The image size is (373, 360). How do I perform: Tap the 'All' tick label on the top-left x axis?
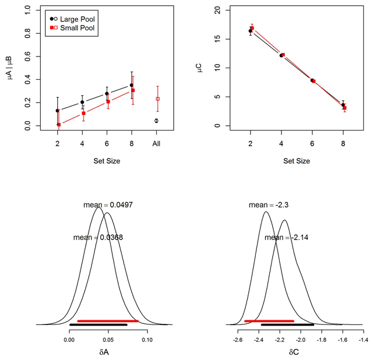[156, 143]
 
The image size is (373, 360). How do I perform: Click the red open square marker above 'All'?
[157, 99]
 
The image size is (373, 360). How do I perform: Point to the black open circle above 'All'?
[156, 121]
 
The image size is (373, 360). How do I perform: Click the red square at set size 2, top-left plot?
[59, 125]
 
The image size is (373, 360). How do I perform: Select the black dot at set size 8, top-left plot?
[131, 85]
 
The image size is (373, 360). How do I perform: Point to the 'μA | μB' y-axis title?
[11, 68]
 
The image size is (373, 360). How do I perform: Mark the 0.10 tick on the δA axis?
[147, 337]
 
